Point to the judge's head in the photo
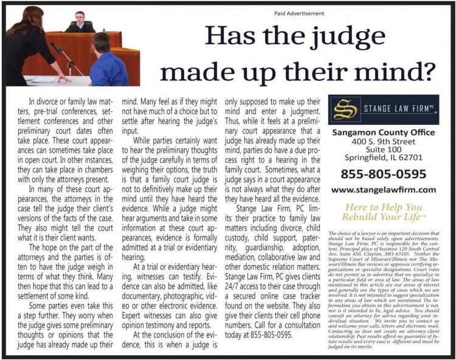79,18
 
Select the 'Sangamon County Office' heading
382,133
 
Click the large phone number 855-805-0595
383,174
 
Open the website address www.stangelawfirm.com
384,190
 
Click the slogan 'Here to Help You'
382,207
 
